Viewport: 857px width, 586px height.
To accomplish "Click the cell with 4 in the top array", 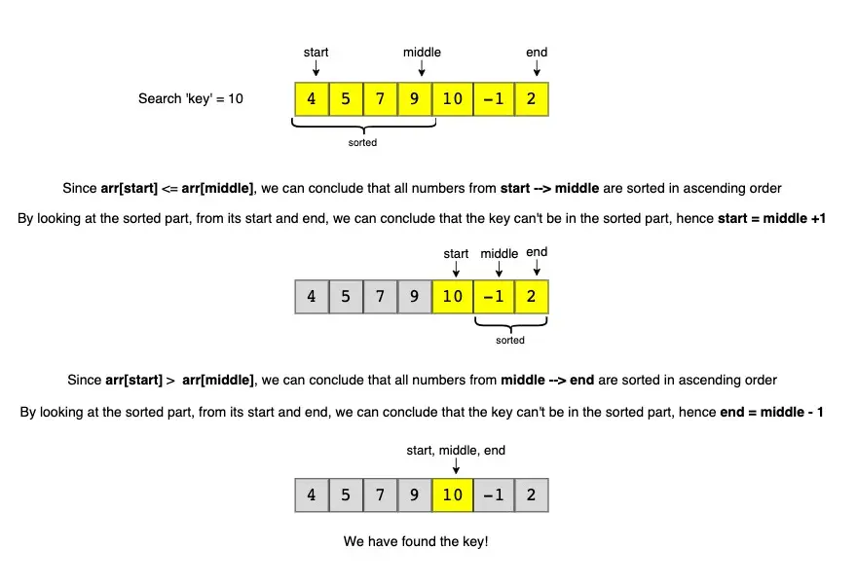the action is [x=312, y=99].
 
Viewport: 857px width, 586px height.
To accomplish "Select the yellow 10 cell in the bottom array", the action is [x=453, y=494].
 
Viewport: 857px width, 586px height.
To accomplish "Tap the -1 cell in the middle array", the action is [x=494, y=297].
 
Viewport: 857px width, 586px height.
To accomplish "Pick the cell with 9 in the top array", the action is [x=414, y=99].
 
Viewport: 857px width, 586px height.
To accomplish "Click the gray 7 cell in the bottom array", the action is [x=380, y=494].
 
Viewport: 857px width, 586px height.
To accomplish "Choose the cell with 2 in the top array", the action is [x=532, y=99].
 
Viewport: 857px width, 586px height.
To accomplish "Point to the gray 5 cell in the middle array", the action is [x=346, y=297].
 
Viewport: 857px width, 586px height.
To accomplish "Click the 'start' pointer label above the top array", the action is [x=316, y=53].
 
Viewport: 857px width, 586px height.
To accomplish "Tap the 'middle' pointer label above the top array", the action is [x=422, y=53].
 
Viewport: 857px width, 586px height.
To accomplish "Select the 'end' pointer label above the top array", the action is [x=537, y=53].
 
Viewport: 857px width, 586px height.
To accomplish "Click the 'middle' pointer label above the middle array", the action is [x=499, y=254].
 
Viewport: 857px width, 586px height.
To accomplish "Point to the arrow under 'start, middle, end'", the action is [x=456, y=466].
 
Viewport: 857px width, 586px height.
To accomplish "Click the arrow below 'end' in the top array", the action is [x=537, y=68].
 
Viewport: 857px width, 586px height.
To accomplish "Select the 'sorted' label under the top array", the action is [x=362, y=142].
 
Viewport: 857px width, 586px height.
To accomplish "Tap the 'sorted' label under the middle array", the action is [x=510, y=341].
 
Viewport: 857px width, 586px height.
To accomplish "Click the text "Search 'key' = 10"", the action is [x=191, y=99].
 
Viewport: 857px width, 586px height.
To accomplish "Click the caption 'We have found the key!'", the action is [x=416, y=541].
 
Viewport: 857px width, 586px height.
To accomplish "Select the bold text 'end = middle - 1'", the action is [x=771, y=412].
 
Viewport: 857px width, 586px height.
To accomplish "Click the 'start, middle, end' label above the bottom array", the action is [x=456, y=451].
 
